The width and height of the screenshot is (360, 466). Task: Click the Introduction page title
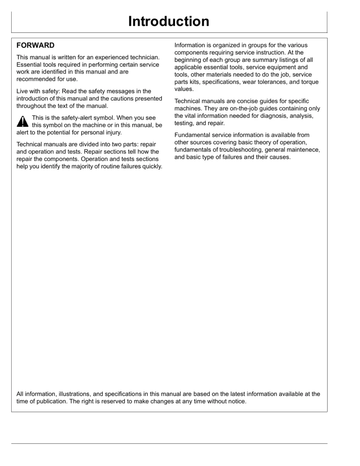click(x=169, y=22)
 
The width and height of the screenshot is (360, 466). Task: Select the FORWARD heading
click(x=35, y=45)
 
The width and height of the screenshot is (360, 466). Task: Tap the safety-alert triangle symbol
click(x=23, y=121)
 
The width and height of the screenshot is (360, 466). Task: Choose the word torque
click(x=310, y=82)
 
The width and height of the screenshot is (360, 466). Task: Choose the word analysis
click(x=301, y=116)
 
